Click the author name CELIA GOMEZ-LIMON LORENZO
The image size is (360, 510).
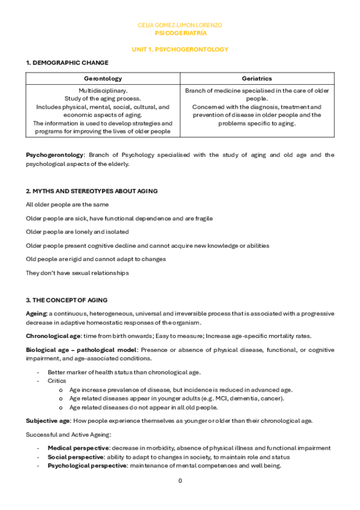[x=180, y=25]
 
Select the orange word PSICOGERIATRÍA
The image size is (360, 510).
[x=180, y=34]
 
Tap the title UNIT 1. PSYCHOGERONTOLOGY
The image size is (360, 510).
[x=180, y=49]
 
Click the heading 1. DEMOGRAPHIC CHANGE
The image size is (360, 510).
[x=67, y=63]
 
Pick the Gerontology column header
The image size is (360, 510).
[x=103, y=78]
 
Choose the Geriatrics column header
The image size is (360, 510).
[x=257, y=78]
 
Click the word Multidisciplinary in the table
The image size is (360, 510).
[x=103, y=90]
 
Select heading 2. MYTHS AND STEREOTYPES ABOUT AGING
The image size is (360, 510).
[x=91, y=191]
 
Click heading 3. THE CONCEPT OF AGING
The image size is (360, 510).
[x=67, y=300]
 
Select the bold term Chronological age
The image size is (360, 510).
[x=52, y=336]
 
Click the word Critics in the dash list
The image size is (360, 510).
[x=57, y=381]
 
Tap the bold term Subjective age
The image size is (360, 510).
[x=46, y=420]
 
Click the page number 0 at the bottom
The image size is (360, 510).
[x=180, y=481]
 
